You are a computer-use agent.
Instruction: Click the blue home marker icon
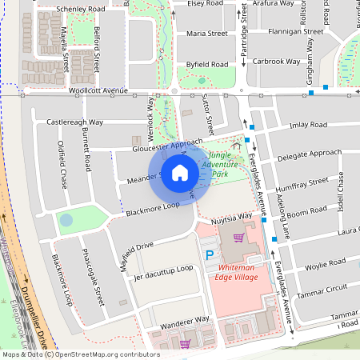[180, 173]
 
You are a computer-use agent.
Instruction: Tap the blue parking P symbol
[210, 255]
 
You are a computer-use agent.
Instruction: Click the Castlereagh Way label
[75, 122]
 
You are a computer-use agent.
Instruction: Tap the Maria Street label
[206, 34]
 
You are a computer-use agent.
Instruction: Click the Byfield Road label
[207, 62]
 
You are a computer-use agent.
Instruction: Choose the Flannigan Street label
[295, 32]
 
